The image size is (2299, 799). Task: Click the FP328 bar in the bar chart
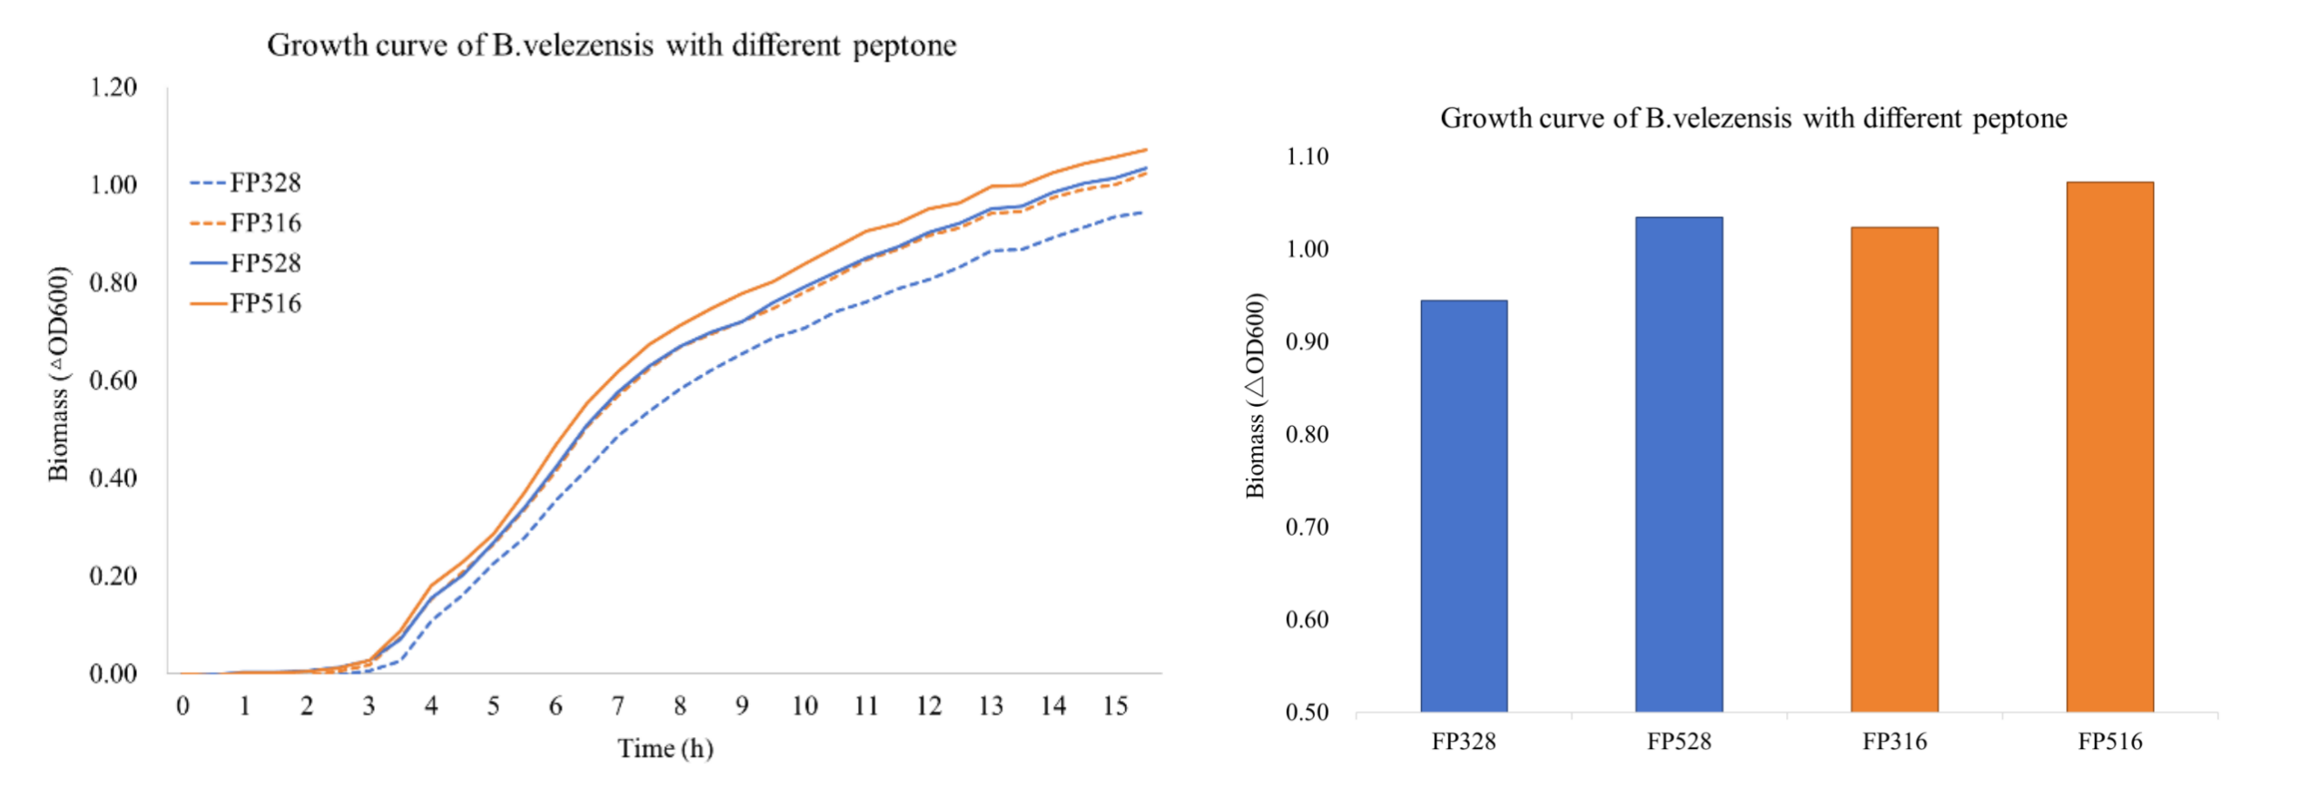point(1464,506)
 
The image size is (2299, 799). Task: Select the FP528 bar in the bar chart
point(1679,464)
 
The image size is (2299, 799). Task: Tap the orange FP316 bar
point(1894,469)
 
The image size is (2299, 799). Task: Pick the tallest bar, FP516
point(2109,447)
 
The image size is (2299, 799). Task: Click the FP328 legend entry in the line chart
point(246,183)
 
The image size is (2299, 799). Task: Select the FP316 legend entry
point(246,223)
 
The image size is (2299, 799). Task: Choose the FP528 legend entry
point(246,263)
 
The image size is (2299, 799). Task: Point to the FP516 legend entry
point(246,303)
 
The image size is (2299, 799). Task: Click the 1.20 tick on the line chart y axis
point(113,88)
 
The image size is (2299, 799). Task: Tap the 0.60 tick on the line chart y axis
point(113,380)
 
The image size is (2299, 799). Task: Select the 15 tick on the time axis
point(1115,706)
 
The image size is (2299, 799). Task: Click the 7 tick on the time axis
point(617,706)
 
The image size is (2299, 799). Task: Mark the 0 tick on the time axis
point(183,706)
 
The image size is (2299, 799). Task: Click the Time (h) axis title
point(666,749)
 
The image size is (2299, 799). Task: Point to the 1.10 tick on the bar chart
point(1307,157)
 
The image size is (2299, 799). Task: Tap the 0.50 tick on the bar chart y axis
point(1307,713)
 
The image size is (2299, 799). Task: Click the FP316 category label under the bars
point(1894,742)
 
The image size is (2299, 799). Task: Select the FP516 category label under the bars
point(2109,742)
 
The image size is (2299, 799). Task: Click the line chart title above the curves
point(611,45)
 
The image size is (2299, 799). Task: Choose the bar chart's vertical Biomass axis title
point(1255,396)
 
